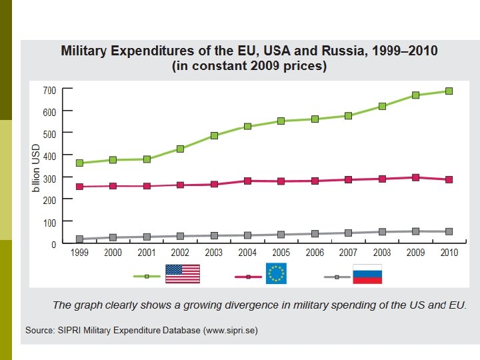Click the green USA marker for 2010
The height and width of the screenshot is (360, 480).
(x=449, y=91)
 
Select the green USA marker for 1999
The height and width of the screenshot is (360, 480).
(x=79, y=163)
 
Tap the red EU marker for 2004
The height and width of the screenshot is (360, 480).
(x=247, y=181)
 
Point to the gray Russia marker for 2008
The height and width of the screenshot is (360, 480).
(x=382, y=232)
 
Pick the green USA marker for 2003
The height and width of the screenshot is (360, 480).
(x=214, y=135)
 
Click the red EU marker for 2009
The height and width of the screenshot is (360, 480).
(x=416, y=177)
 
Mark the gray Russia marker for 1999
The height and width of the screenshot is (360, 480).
(x=79, y=239)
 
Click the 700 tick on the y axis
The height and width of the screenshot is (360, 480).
(x=49, y=89)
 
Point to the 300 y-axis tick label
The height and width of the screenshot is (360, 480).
(x=49, y=177)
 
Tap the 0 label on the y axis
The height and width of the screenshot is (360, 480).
(x=53, y=244)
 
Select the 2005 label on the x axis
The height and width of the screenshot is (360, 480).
(x=281, y=253)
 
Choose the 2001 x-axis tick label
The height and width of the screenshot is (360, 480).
(x=147, y=253)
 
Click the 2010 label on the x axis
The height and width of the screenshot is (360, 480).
(x=449, y=253)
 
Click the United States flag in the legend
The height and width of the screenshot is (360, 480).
(x=183, y=273)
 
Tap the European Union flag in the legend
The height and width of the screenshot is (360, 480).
(x=276, y=273)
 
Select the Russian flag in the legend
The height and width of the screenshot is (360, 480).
(x=367, y=273)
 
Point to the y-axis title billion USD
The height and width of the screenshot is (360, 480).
(x=37, y=170)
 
